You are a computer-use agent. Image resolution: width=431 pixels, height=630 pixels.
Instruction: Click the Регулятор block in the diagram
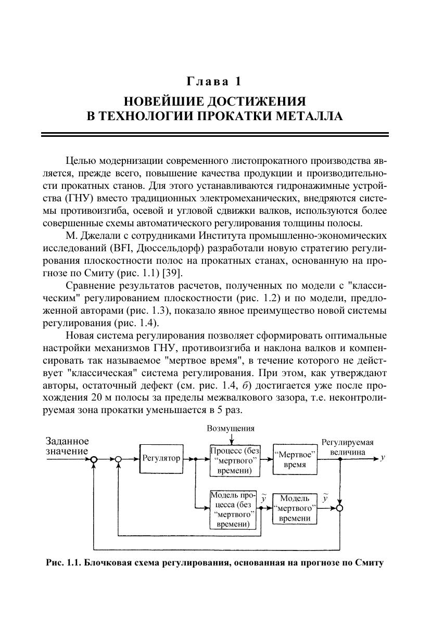(161, 459)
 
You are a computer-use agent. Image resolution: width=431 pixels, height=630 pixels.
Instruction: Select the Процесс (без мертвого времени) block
(235, 460)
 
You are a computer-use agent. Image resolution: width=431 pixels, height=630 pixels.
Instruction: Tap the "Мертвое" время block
(295, 459)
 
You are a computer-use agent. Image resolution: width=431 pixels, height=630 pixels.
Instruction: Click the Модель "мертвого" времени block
(295, 508)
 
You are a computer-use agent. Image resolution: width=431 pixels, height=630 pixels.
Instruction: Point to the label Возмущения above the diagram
(231, 428)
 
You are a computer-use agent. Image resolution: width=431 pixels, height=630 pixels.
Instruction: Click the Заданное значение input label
(67, 446)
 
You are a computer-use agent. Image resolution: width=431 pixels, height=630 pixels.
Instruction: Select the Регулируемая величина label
(347, 447)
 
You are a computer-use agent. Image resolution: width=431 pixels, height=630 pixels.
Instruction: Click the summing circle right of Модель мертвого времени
(339, 508)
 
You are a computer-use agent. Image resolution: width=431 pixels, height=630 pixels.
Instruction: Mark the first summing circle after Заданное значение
(94, 459)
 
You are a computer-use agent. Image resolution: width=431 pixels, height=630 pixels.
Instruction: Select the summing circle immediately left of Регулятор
(119, 459)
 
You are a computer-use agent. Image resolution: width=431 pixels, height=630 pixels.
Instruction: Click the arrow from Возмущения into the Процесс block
(231, 440)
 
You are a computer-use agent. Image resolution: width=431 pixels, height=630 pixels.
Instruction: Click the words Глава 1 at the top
(214, 82)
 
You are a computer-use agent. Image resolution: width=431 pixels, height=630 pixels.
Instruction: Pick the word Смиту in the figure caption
(368, 563)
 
